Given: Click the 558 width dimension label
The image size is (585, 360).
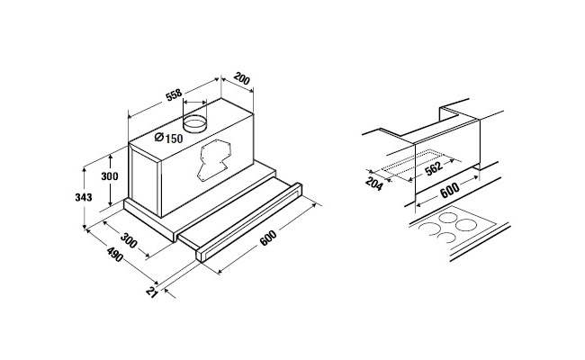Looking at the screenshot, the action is tap(175, 94).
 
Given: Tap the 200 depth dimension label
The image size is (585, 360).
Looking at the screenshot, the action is tap(242, 79).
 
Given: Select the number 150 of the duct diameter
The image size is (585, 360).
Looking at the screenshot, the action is tap(174, 139).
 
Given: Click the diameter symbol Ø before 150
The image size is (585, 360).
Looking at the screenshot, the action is tap(159, 138).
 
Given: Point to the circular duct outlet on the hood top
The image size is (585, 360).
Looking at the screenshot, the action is tap(194, 123).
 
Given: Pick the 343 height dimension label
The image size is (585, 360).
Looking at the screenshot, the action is tap(84, 197).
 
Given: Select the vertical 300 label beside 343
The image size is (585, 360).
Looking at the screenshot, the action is tap(110, 176).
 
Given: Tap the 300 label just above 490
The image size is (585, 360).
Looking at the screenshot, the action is tap(129, 240).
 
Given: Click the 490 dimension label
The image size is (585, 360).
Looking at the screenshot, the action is tap(114, 255).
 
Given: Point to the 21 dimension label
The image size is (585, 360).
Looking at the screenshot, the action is tap(152, 292).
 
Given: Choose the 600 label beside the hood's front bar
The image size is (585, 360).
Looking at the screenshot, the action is tap(268, 238).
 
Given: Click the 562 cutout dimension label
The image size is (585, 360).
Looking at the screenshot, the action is tap(434, 168).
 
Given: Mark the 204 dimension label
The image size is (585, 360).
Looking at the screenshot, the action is tap(373, 184).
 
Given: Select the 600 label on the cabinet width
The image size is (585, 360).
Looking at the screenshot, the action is tap(450, 190).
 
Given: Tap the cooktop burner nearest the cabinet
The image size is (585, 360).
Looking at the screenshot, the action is tap(448, 217).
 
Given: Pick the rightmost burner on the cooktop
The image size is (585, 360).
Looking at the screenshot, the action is tap(466, 225).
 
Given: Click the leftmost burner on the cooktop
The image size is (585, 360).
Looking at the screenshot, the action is tap(428, 229).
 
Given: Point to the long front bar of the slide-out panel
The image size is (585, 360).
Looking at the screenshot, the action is tap(249, 222).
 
